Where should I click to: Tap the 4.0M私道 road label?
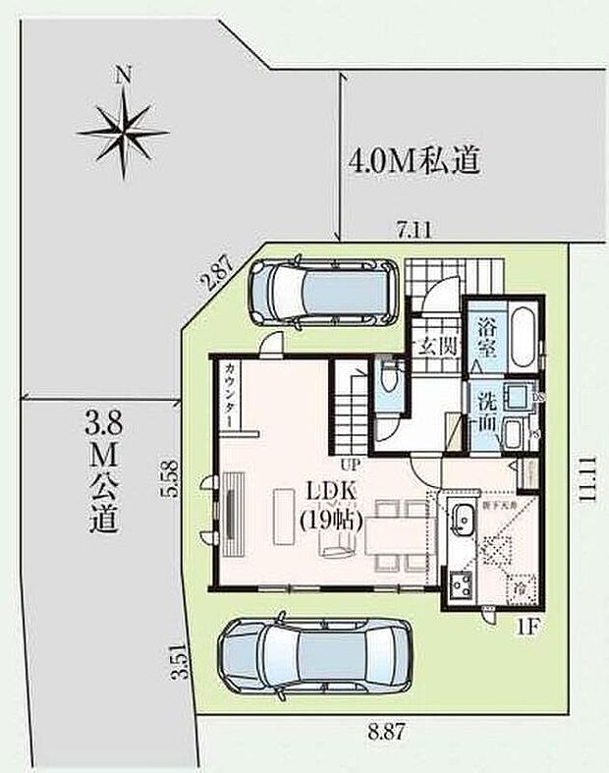tap(414, 161)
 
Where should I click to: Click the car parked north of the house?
tap(322, 290)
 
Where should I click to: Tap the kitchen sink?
tap(461, 522)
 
